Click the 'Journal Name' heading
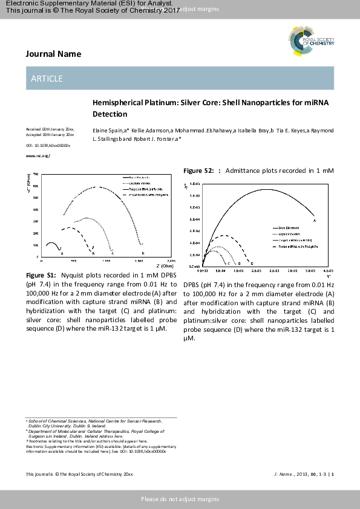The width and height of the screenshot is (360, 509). [53, 54]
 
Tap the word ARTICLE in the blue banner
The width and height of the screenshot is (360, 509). [47, 79]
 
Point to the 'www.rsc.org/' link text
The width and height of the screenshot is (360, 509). [38, 156]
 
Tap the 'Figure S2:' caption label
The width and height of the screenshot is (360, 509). [198, 171]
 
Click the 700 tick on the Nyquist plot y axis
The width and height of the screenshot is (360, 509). [35, 174]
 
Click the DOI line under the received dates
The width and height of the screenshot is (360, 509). [48, 146]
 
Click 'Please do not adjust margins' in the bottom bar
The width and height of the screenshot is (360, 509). [180, 499]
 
